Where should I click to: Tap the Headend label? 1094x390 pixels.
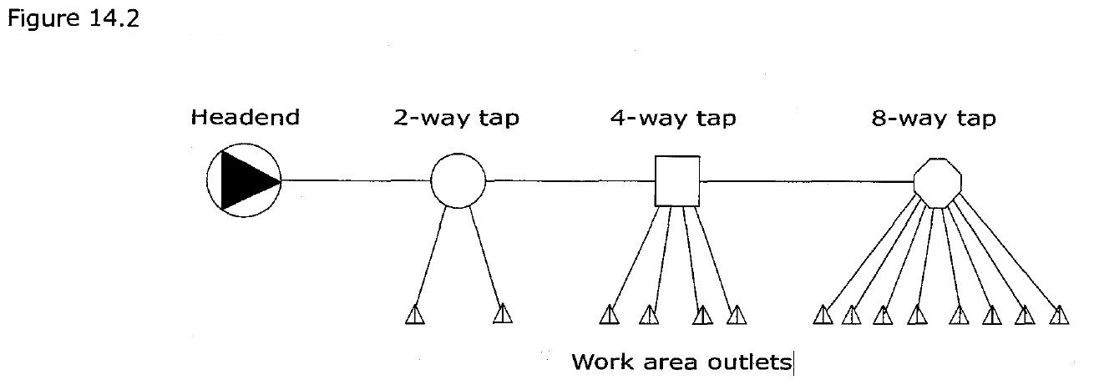245,118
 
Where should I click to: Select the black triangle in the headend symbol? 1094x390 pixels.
242,180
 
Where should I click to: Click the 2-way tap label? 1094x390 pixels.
456,118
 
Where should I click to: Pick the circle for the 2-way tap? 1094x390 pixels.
458,180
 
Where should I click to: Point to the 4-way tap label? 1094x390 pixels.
673,118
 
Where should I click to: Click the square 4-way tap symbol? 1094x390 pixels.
676,180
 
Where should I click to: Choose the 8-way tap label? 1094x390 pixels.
934,118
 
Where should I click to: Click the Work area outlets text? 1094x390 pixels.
681,363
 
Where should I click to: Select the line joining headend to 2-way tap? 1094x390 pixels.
355,180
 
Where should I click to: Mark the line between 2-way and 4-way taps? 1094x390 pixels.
568,180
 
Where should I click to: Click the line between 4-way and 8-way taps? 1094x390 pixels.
806,180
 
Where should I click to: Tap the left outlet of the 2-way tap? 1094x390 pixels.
415,315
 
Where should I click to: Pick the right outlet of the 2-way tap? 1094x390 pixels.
502,315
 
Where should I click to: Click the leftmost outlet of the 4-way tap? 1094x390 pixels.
610,315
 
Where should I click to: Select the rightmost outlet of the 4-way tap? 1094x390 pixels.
737,315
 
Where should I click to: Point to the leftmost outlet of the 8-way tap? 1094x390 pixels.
823,315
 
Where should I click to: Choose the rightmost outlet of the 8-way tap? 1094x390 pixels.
1059,315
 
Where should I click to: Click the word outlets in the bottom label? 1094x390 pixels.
752,363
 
